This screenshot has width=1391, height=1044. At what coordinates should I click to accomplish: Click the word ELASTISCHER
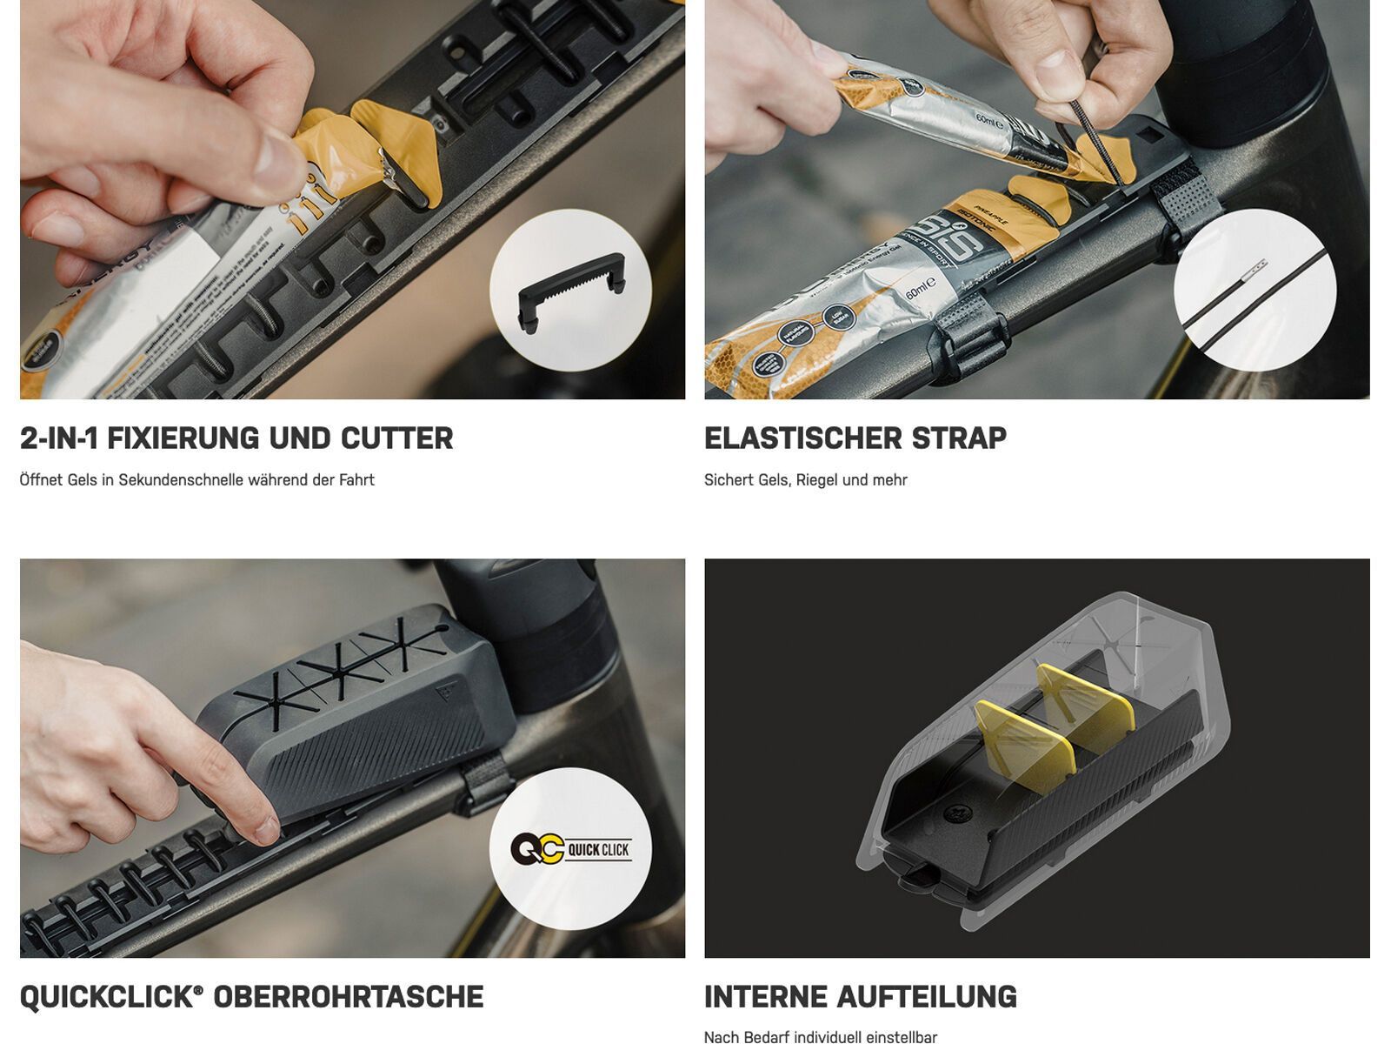(x=802, y=438)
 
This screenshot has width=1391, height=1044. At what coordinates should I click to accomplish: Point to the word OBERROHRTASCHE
(x=348, y=997)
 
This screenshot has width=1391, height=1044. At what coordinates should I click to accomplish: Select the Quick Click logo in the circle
(x=570, y=849)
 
